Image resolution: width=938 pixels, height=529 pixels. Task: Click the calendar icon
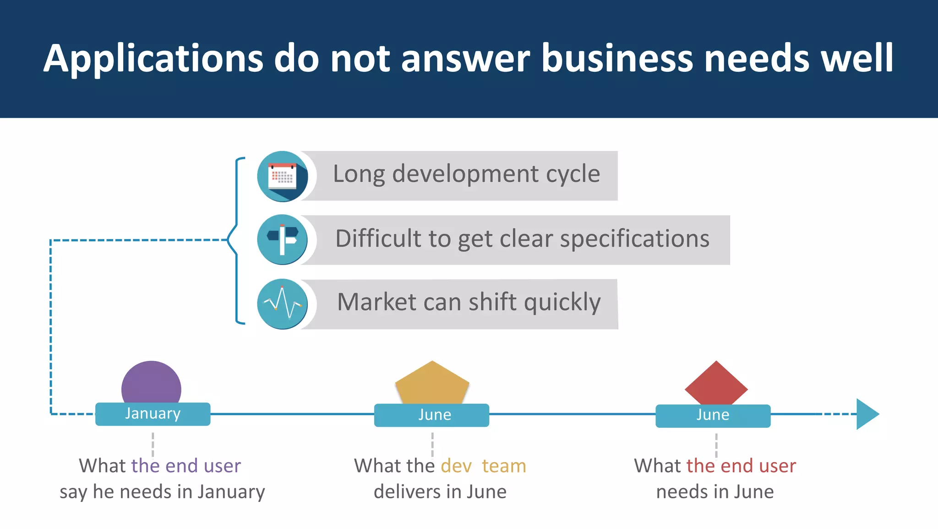[282, 176]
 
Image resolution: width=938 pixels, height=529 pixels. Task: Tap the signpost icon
[282, 240]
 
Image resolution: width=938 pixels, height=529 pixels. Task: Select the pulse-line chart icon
[282, 304]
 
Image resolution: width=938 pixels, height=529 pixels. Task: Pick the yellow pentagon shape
[432, 383]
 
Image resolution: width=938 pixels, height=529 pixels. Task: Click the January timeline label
[153, 414]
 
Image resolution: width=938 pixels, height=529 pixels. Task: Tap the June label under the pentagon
[434, 415]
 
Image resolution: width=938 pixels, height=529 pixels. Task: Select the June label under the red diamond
[713, 415]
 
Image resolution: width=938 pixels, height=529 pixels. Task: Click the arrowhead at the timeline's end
[867, 414]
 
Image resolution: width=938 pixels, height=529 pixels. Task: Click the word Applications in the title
[153, 59]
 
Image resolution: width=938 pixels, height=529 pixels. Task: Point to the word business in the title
[617, 59]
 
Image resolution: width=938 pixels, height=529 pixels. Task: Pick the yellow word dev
[456, 466]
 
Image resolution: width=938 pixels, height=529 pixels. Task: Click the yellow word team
[504, 466]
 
